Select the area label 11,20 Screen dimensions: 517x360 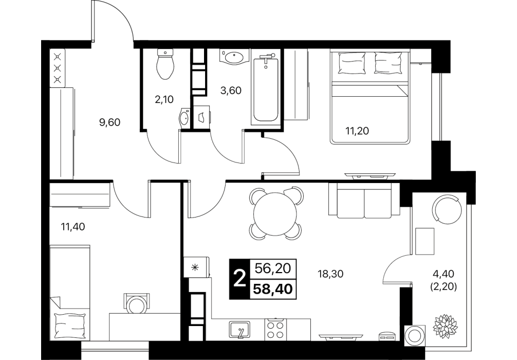click(x=357, y=131)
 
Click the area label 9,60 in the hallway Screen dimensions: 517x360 click(x=110, y=122)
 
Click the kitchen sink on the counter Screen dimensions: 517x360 click(x=239, y=330)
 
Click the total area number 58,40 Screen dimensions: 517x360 click(x=273, y=290)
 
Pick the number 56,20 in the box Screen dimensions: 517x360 click(x=273, y=269)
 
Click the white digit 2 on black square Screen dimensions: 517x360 click(x=239, y=279)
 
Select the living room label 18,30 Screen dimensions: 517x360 click(x=331, y=274)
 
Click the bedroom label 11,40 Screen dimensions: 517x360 click(x=72, y=227)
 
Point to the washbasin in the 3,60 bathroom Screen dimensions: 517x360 click(x=234, y=57)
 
